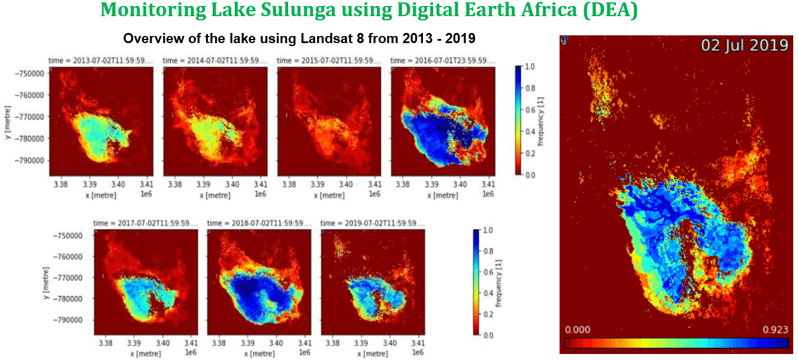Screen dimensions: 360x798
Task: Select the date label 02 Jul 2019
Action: point(744,45)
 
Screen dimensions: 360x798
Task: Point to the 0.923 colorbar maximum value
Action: point(775,330)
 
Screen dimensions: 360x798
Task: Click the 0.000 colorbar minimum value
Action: point(578,330)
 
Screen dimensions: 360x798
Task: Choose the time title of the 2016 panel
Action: point(442,60)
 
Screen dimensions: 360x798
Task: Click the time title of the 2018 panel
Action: point(259,223)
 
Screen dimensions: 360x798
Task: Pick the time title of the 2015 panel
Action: point(328,60)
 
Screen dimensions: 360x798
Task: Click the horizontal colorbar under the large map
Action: point(676,343)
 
